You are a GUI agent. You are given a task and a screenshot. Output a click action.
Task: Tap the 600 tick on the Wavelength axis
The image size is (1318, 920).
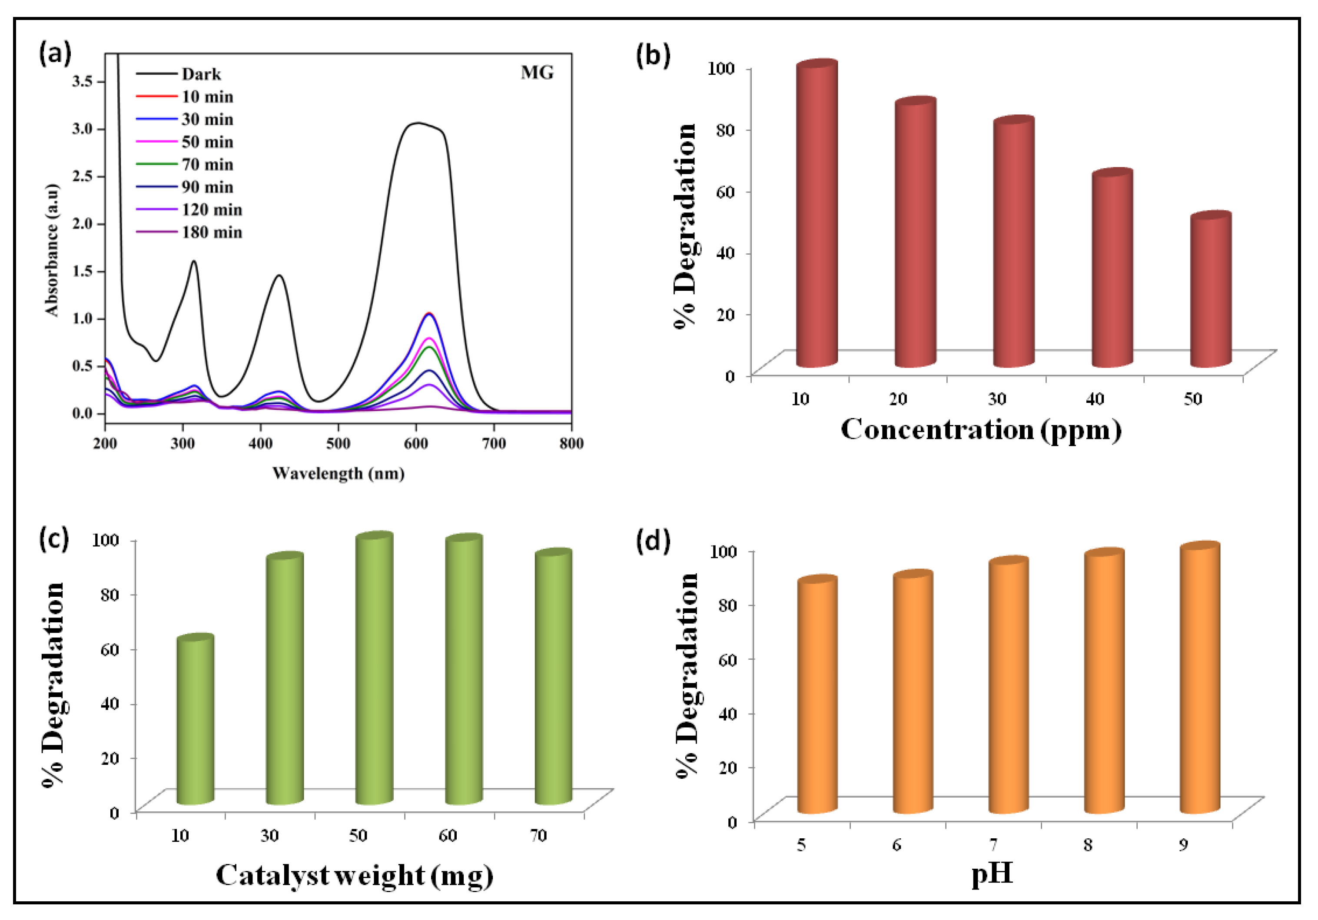coord(415,443)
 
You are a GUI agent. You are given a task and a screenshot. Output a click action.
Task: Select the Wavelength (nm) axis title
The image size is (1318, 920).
coord(338,474)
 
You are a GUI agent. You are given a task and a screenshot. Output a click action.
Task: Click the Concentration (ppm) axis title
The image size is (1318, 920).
coord(980,430)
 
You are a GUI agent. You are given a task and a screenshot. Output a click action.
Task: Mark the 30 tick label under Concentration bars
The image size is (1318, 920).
coord(996,399)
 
